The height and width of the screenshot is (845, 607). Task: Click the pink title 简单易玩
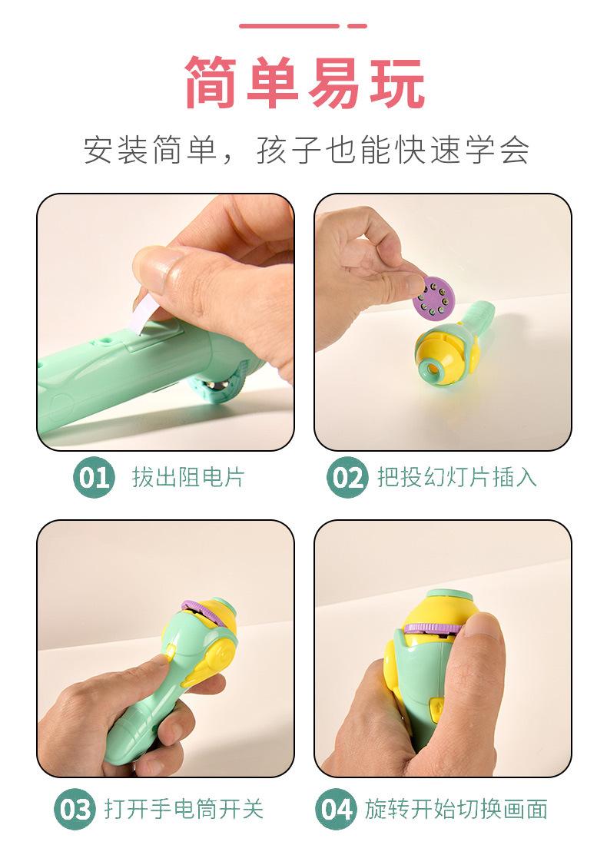[304, 83]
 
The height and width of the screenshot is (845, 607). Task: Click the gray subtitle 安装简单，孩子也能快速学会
[306, 151]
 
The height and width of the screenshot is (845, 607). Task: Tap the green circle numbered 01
[92, 477]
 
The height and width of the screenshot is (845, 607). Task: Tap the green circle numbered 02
[347, 477]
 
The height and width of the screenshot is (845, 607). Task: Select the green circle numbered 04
[335, 809]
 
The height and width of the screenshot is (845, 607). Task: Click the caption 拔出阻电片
[187, 477]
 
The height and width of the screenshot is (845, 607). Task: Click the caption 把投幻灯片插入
[456, 477]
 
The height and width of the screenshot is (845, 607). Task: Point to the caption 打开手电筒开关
[184, 809]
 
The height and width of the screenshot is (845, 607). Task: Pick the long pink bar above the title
[288, 25]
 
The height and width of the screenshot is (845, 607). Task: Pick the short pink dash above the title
[357, 25]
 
